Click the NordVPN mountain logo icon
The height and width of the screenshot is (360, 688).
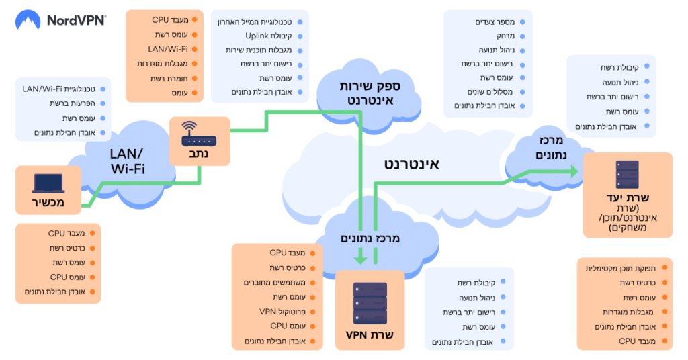pos(28,20)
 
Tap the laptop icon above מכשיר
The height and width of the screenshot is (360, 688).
pos(48,183)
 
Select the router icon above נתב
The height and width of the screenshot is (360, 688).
pos(200,135)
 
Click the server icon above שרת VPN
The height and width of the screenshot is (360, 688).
pos(370,304)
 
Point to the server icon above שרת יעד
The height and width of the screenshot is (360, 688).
pos(627,174)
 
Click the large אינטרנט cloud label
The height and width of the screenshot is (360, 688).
pos(411,163)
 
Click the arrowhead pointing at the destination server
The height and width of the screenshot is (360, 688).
pos(573,172)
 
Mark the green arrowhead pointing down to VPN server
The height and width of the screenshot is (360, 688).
pos(360,257)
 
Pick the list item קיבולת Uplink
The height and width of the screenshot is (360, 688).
pos(267,36)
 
